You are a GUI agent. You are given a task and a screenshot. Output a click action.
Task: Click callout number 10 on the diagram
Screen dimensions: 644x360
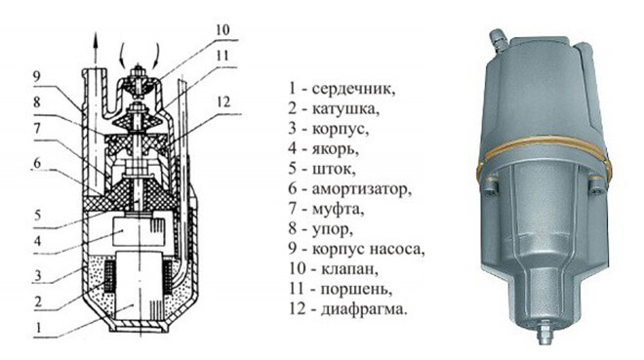point(222,30)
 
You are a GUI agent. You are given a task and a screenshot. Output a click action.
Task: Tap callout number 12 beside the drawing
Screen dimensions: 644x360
point(223,102)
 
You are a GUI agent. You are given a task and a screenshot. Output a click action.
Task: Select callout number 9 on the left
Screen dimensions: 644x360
point(37,77)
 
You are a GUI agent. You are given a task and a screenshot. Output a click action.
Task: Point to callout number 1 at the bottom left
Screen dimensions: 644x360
point(39,328)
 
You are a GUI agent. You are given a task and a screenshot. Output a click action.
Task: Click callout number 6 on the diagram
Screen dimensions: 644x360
point(37,163)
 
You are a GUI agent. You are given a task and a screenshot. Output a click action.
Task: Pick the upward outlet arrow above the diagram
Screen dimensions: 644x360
point(95,49)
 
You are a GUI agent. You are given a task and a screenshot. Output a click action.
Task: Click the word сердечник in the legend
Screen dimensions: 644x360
point(353,89)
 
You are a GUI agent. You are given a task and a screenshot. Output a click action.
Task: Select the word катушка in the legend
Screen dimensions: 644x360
point(345,109)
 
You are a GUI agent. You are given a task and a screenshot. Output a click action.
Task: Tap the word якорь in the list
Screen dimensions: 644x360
point(335,149)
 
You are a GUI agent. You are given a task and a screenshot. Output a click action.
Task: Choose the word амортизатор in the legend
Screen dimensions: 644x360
point(361,189)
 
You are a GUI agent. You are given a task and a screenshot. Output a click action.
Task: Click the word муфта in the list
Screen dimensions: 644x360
point(338,210)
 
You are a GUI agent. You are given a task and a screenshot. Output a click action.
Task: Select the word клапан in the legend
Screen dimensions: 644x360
point(348,269)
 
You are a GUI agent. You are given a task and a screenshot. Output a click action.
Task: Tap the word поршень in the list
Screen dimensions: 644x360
point(356,290)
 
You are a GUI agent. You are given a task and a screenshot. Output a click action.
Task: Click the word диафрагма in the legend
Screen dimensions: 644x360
point(364,309)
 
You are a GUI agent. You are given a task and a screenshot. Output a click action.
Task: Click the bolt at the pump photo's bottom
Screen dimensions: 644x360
point(545,331)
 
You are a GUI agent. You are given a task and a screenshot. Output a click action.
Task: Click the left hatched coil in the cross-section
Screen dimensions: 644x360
point(109,276)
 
